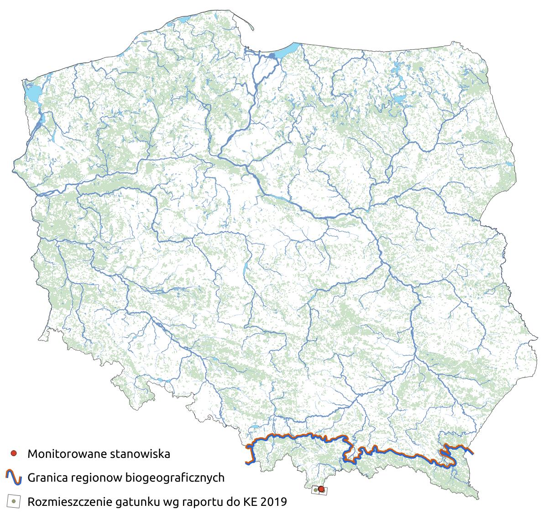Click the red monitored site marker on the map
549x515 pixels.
click(x=321, y=489)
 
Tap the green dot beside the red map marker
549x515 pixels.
click(x=316, y=490)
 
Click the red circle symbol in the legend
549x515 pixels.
click(x=14, y=454)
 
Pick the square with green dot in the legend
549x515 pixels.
click(x=14, y=501)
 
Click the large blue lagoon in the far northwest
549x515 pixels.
click(x=31, y=94)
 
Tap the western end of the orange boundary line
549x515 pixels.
click(x=247, y=463)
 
